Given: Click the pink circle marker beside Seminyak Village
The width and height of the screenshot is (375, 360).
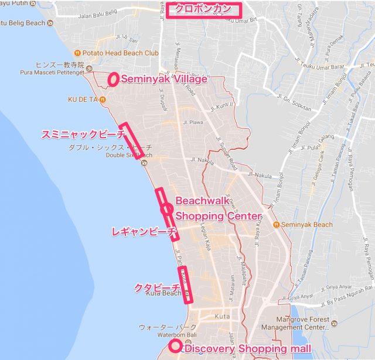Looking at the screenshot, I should (113, 78).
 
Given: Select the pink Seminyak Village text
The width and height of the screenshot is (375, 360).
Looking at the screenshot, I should (163, 79).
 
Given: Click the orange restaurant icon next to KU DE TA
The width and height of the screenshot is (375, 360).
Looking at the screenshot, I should (103, 100).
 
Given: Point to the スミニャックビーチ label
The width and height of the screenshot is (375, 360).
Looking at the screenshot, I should (83, 134).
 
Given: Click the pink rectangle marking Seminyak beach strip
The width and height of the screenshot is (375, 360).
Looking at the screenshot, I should (132, 140).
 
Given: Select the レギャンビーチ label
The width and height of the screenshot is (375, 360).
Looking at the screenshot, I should (144, 232).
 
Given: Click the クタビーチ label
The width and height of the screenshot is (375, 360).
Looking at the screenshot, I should (156, 287).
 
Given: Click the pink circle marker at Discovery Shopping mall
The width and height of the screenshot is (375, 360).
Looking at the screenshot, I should (174, 346).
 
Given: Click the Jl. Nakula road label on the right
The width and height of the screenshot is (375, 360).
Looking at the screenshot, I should (261, 174).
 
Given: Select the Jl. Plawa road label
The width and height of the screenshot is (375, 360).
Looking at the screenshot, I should (193, 123).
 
